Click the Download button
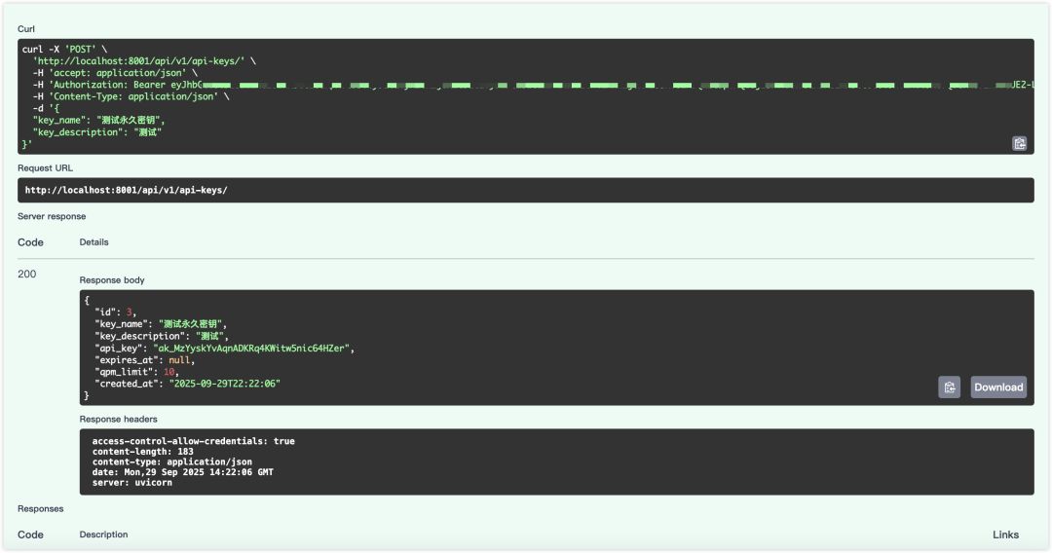click(x=998, y=387)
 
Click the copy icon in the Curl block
click(x=1019, y=143)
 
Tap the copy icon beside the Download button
click(x=949, y=387)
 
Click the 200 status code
click(x=27, y=275)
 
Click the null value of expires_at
click(x=180, y=359)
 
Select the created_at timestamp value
click(x=226, y=384)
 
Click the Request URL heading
click(x=45, y=168)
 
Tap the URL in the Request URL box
click(x=126, y=190)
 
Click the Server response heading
click(x=52, y=216)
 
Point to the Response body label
click(x=112, y=280)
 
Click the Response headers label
click(x=119, y=420)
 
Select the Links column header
click(x=1005, y=535)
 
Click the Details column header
click(x=94, y=242)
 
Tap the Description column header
click(x=103, y=535)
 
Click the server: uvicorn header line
click(x=132, y=483)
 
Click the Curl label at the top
click(x=26, y=29)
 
